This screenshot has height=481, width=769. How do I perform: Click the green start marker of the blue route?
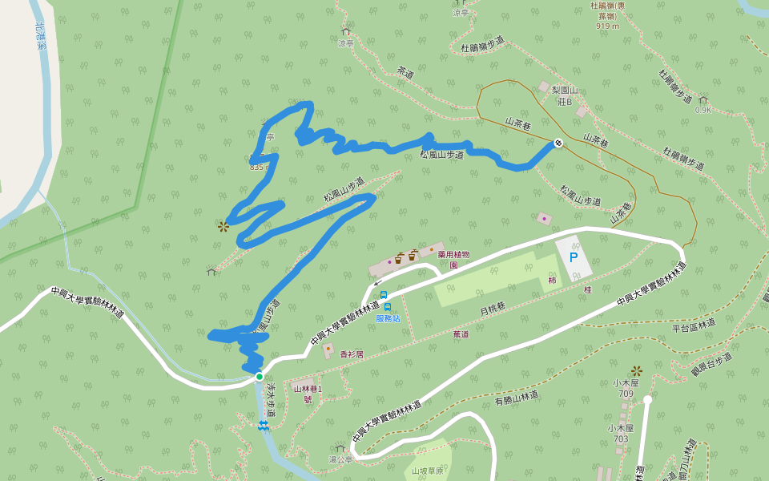click(x=259, y=376)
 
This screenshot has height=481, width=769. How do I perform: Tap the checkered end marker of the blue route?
click(x=558, y=143)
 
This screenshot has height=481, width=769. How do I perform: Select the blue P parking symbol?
click(x=573, y=257)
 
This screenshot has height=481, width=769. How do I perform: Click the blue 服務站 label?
click(x=388, y=318)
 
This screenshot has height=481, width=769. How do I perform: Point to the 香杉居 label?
click(x=352, y=354)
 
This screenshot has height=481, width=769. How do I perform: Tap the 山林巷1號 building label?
click(x=308, y=394)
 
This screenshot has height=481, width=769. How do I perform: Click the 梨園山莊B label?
click(x=565, y=95)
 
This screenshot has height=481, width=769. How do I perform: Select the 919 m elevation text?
click(x=608, y=26)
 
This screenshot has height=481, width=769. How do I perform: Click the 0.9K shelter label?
click(x=703, y=110)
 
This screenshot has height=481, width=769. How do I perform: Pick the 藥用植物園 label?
click(x=453, y=259)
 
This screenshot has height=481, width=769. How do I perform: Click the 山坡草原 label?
click(x=427, y=471)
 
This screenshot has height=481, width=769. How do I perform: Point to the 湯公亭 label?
click(x=340, y=459)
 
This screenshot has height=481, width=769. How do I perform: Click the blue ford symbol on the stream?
click(x=263, y=426)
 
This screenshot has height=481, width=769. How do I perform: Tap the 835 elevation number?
click(x=256, y=167)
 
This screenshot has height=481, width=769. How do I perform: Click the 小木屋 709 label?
click(x=626, y=388)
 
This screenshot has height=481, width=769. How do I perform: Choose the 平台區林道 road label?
click(x=693, y=326)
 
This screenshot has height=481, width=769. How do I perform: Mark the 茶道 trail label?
click(x=405, y=72)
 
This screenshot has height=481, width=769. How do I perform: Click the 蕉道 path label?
click(x=461, y=334)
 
